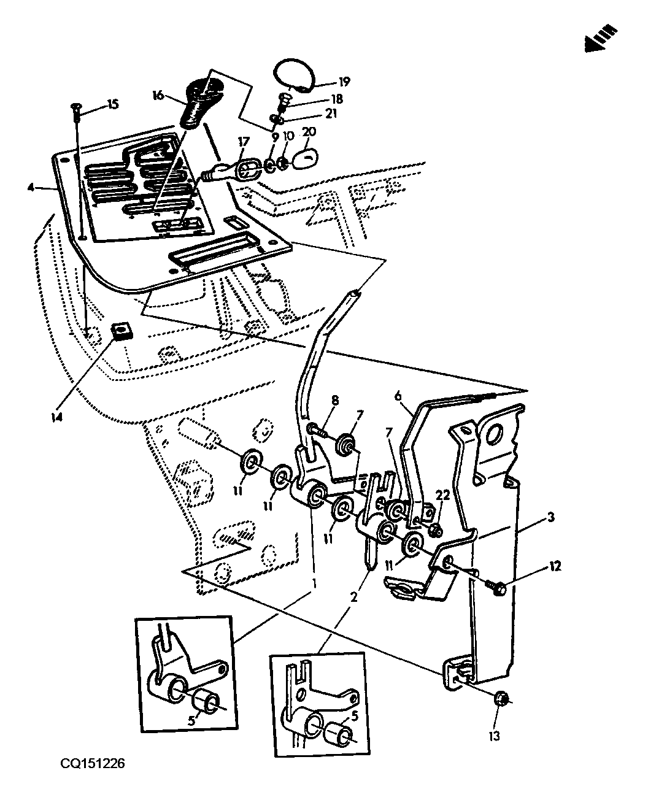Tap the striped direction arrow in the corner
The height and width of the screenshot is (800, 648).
(x=601, y=39)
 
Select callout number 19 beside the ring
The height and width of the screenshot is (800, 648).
(x=344, y=82)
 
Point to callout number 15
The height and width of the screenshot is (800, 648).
(x=113, y=104)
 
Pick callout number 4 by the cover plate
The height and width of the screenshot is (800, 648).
(x=31, y=187)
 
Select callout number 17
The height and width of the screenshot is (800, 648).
(x=244, y=142)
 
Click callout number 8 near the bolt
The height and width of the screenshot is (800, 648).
(x=334, y=401)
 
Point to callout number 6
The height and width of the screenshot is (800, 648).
(x=398, y=396)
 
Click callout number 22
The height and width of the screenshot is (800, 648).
(x=442, y=495)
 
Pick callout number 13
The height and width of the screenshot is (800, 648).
(x=495, y=736)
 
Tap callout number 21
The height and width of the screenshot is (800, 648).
(x=331, y=113)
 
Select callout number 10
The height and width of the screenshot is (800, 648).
(x=288, y=136)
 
